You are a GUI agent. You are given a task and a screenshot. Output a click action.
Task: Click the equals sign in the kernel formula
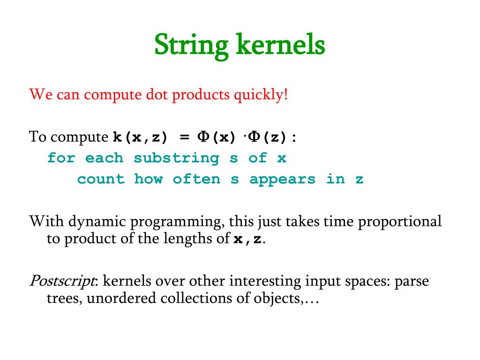[x=184, y=137]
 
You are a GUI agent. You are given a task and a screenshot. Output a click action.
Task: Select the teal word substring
[x=176, y=158]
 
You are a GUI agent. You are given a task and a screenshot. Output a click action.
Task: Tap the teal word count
[x=101, y=179]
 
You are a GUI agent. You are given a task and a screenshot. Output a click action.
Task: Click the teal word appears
[x=282, y=179]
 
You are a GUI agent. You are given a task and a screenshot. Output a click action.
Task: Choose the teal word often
[x=196, y=179]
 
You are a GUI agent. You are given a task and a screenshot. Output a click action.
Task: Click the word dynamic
[x=95, y=221]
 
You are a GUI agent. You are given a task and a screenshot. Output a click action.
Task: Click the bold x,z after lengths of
[x=248, y=239]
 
